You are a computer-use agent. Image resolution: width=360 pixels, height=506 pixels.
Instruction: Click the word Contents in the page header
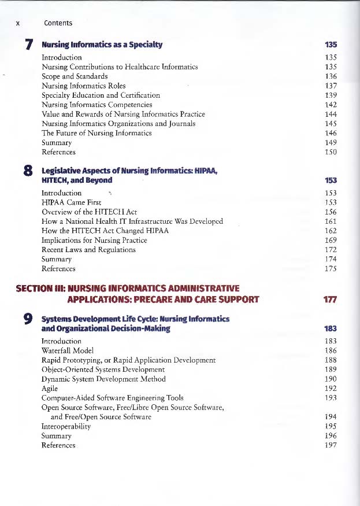58,23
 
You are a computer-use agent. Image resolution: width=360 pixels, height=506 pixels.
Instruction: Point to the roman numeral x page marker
18,23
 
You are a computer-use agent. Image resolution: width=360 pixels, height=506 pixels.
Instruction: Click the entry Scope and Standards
75,76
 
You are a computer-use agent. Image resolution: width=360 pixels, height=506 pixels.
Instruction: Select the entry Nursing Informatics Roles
84,86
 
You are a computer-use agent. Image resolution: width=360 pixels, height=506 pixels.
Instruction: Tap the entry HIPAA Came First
72,202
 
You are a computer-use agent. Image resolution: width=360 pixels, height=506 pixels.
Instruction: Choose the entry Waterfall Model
68,350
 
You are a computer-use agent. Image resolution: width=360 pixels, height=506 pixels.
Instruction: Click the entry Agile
50,389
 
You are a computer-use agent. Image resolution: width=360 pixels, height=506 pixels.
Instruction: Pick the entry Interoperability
66,426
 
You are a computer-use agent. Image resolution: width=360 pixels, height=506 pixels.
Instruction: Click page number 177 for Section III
331,300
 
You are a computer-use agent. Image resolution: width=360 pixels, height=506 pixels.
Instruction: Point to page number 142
331,105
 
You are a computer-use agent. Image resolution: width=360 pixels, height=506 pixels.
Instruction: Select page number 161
331,221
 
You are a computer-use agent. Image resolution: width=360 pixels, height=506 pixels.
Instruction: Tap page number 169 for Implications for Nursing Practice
331,240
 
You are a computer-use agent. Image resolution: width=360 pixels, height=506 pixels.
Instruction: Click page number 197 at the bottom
331,445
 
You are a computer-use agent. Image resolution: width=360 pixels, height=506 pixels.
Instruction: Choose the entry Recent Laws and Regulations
88,250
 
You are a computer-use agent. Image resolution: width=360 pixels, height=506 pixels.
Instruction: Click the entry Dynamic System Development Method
103,379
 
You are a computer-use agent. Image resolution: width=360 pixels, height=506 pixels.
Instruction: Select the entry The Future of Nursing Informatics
97,133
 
